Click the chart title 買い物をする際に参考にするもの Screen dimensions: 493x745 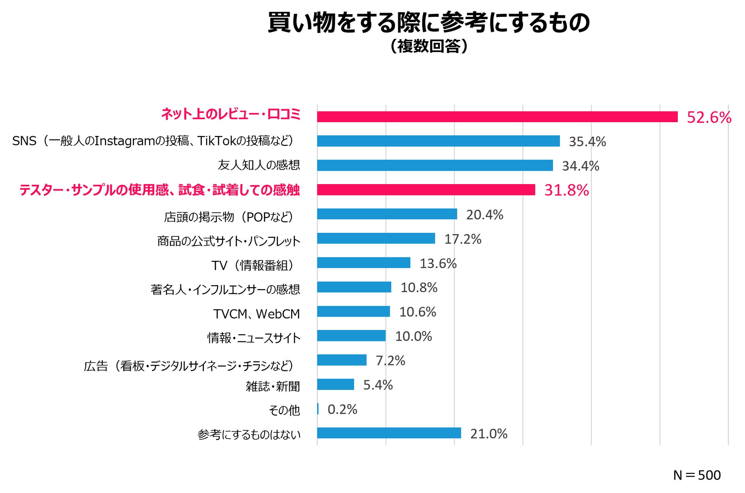pyautogui.click(x=429, y=23)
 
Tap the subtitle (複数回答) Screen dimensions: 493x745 pyautogui.click(x=429, y=47)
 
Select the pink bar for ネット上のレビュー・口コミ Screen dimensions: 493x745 pyautogui.click(x=497, y=117)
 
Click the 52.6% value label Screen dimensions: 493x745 pyautogui.click(x=709, y=117)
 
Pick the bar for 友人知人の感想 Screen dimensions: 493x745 pyautogui.click(x=435, y=165)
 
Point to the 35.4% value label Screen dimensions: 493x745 pyautogui.click(x=587, y=142)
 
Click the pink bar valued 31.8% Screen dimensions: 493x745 pyautogui.click(x=426, y=190)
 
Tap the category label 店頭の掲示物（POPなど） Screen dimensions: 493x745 pyautogui.click(x=228, y=217)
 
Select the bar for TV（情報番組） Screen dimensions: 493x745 pyautogui.click(x=363, y=263)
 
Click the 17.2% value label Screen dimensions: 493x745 pyautogui.click(x=462, y=239)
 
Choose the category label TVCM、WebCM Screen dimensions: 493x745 pyautogui.click(x=256, y=314)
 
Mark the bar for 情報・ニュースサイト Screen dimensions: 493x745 pyautogui.click(x=351, y=336)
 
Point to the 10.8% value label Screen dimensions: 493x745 pyautogui.click(x=419, y=288)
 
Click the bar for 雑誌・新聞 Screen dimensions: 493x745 pyautogui.click(x=335, y=385)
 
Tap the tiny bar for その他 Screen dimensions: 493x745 pyautogui.click(x=318, y=409)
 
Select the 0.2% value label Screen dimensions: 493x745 pyautogui.click(x=342, y=409)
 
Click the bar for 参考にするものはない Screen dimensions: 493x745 pyautogui.click(x=389, y=433)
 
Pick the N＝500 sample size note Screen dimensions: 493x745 pyautogui.click(x=696, y=475)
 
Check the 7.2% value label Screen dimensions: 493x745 pyautogui.click(x=390, y=360)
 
